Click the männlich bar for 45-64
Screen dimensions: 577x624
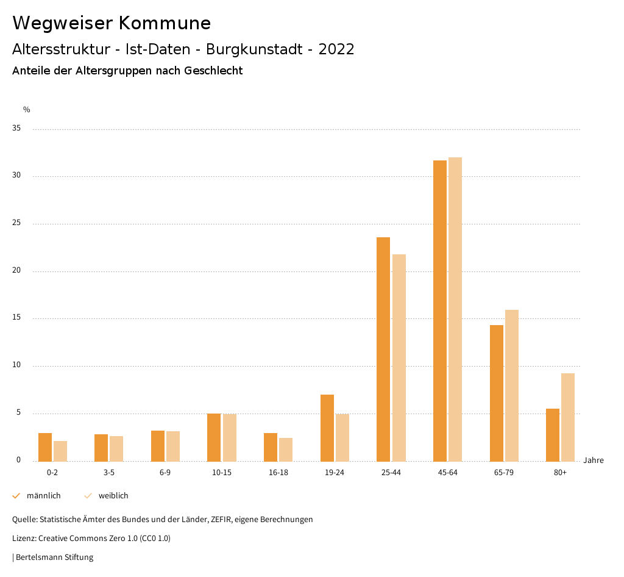pyautogui.click(x=439, y=310)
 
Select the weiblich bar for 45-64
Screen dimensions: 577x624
pyautogui.click(x=455, y=309)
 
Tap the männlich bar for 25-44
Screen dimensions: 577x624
pyautogui.click(x=383, y=349)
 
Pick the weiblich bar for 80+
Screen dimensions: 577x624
pyautogui.click(x=568, y=417)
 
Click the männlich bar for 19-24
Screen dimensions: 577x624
pyautogui.click(x=327, y=428)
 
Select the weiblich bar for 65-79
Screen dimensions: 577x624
pyautogui.click(x=512, y=385)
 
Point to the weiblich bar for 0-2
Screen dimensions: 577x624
pyautogui.click(x=60, y=451)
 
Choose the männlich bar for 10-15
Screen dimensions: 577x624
pyautogui.click(x=214, y=437)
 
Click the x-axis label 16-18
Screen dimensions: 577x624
pyautogui.click(x=278, y=473)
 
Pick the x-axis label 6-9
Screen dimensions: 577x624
pyautogui.click(x=165, y=473)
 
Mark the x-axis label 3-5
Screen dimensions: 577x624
pyautogui.click(x=108, y=473)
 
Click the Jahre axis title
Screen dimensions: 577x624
pyautogui.click(x=593, y=461)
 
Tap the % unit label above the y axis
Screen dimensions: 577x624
pyautogui.click(x=27, y=110)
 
